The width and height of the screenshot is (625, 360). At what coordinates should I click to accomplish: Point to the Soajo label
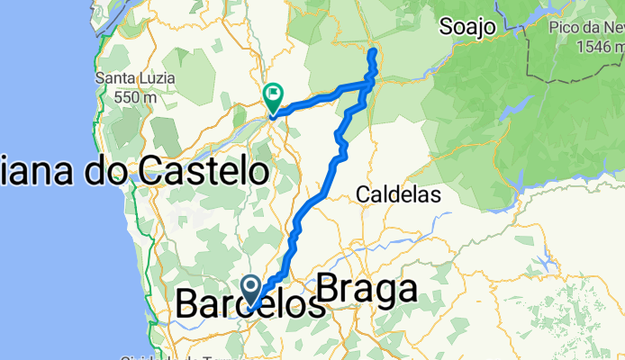[x=467, y=28]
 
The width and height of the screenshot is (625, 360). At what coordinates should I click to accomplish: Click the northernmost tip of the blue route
[x=372, y=53]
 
